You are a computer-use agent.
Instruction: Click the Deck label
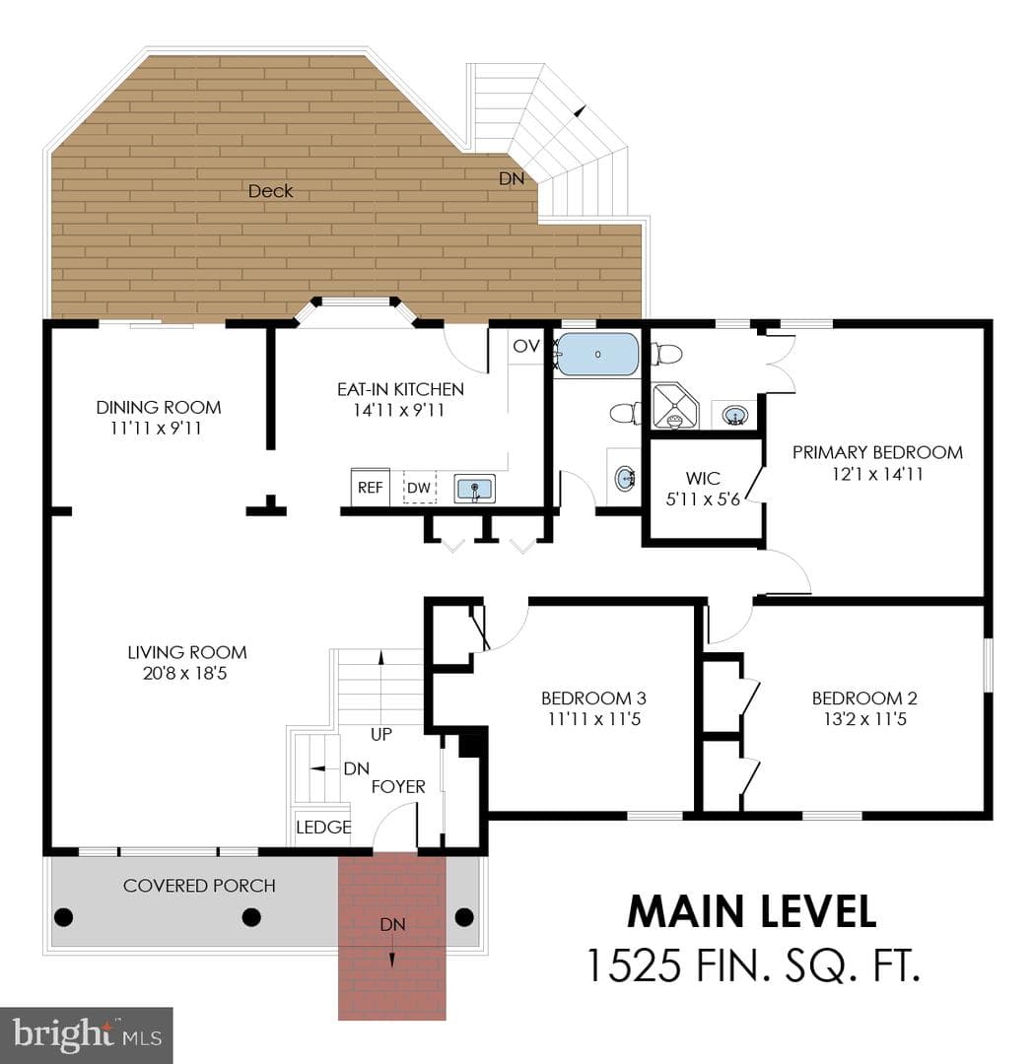point(270,191)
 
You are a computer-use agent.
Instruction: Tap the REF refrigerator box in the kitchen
point(370,487)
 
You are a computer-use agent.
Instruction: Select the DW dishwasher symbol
point(420,488)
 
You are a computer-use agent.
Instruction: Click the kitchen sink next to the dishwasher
point(474,489)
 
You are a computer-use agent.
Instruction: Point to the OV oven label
point(526,346)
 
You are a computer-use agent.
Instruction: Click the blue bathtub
point(597,355)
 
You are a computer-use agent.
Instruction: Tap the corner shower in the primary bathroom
point(675,406)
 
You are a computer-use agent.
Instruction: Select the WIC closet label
point(703,478)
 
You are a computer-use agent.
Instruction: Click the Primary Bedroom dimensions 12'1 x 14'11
point(877,474)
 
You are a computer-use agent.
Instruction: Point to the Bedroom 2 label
point(864,698)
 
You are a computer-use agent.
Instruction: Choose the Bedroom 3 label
point(593,698)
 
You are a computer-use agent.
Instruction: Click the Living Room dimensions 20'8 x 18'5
point(184,673)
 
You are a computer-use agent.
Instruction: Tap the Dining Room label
point(158,407)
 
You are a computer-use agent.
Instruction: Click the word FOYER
point(398,786)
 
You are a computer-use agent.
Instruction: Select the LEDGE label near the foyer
point(323,828)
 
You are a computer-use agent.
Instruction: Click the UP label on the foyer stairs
point(380,734)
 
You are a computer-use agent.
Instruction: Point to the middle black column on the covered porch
point(252,917)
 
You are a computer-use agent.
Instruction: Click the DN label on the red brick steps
point(392,924)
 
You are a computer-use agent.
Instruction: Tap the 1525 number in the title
point(632,964)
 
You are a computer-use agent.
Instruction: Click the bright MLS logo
point(86,1034)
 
